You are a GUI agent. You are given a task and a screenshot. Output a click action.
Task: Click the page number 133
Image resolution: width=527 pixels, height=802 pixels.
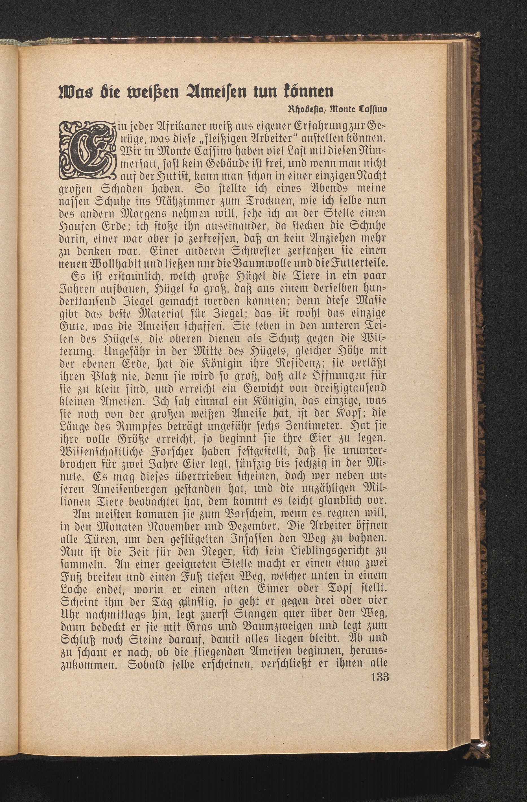[380, 778]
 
